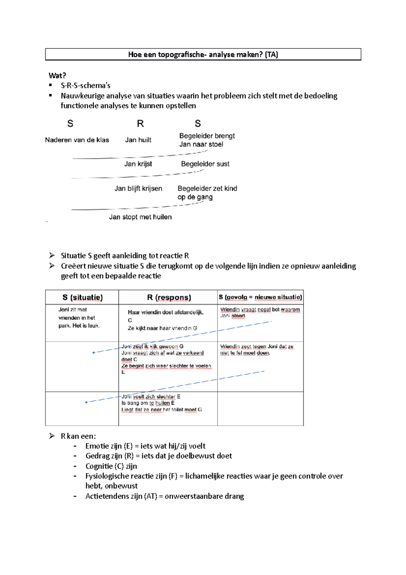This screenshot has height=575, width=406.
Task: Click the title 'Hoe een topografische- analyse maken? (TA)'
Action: [x=203, y=55]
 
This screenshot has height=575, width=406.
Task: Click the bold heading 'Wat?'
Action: [x=57, y=75]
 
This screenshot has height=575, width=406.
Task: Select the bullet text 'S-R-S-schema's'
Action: [x=86, y=85]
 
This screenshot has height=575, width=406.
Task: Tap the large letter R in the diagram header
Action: [x=140, y=124]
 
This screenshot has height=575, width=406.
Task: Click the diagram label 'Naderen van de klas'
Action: [x=77, y=140]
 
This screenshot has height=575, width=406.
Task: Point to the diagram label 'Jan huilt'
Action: [x=138, y=140]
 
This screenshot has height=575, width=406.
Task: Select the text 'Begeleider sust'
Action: [x=205, y=164]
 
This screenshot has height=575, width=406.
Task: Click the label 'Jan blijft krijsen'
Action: [x=138, y=188]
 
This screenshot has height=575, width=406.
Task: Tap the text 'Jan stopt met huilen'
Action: [x=140, y=217]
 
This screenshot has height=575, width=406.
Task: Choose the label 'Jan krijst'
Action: [x=138, y=164]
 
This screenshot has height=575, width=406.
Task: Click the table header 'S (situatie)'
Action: [x=83, y=297]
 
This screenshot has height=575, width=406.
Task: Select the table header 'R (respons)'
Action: [x=169, y=297]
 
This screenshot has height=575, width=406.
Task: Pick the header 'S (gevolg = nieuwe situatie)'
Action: [x=260, y=297]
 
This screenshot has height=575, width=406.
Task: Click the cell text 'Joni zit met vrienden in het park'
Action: [x=78, y=318]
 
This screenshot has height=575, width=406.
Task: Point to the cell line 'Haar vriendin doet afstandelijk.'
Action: [x=165, y=312]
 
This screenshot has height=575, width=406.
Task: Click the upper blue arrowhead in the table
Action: [x=94, y=353]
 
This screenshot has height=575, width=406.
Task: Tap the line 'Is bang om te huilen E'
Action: [x=148, y=403]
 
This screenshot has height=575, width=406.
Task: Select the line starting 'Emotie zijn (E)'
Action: [x=145, y=446]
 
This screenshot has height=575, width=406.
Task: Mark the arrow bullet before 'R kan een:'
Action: [x=52, y=436]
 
